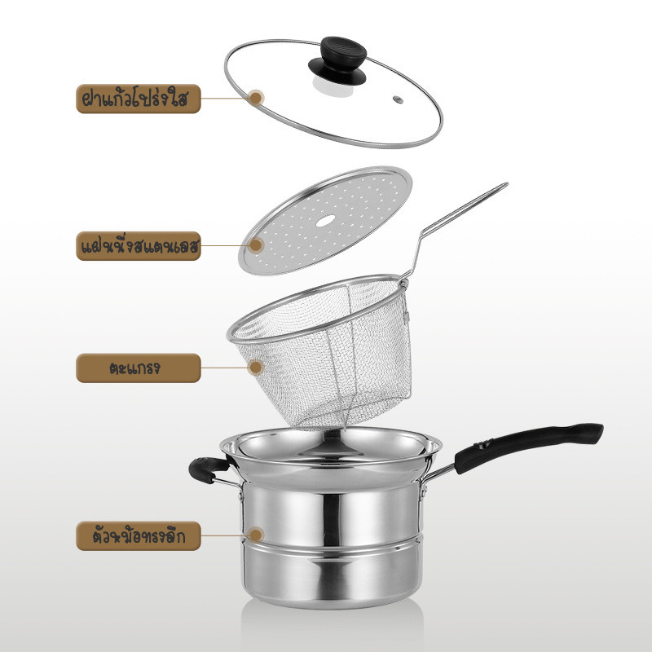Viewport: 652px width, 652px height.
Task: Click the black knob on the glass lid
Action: [337, 60]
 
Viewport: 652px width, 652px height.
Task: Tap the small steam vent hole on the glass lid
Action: [398, 99]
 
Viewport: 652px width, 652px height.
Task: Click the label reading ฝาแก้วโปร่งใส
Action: [139, 99]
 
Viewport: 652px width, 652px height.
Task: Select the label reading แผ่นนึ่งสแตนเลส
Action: [139, 246]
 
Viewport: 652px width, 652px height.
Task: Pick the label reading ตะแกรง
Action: [139, 368]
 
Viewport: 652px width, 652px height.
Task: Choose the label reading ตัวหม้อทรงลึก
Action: [139, 536]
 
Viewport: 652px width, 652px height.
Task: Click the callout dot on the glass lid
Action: [256, 98]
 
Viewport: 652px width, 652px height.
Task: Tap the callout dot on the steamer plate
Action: [256, 245]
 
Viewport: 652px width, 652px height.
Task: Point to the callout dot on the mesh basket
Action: [256, 368]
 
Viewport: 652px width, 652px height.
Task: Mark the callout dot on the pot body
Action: [256, 535]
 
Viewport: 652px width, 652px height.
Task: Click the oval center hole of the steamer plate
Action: [325, 220]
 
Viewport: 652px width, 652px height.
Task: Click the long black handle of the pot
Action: [528, 447]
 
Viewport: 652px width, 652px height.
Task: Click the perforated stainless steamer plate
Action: [325, 220]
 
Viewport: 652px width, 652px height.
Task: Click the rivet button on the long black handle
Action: [483, 445]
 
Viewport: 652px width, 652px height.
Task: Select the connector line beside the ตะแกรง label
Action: [225, 368]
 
